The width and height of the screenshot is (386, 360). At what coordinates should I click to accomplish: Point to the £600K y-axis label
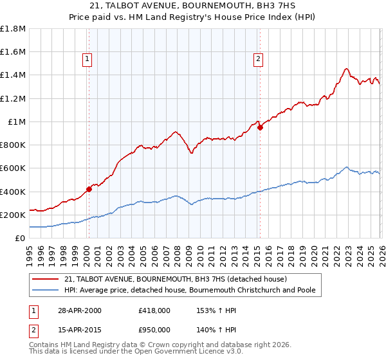pyautogui.click(x=13, y=168)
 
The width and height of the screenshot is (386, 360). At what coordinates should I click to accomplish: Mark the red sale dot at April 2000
pyautogui.click(x=89, y=190)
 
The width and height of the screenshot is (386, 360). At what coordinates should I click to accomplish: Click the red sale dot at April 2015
pyautogui.click(x=261, y=127)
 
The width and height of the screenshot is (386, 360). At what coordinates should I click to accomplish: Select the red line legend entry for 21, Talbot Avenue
pyautogui.click(x=179, y=279)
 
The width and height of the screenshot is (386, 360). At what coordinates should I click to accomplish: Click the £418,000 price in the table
pyautogui.click(x=154, y=310)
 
